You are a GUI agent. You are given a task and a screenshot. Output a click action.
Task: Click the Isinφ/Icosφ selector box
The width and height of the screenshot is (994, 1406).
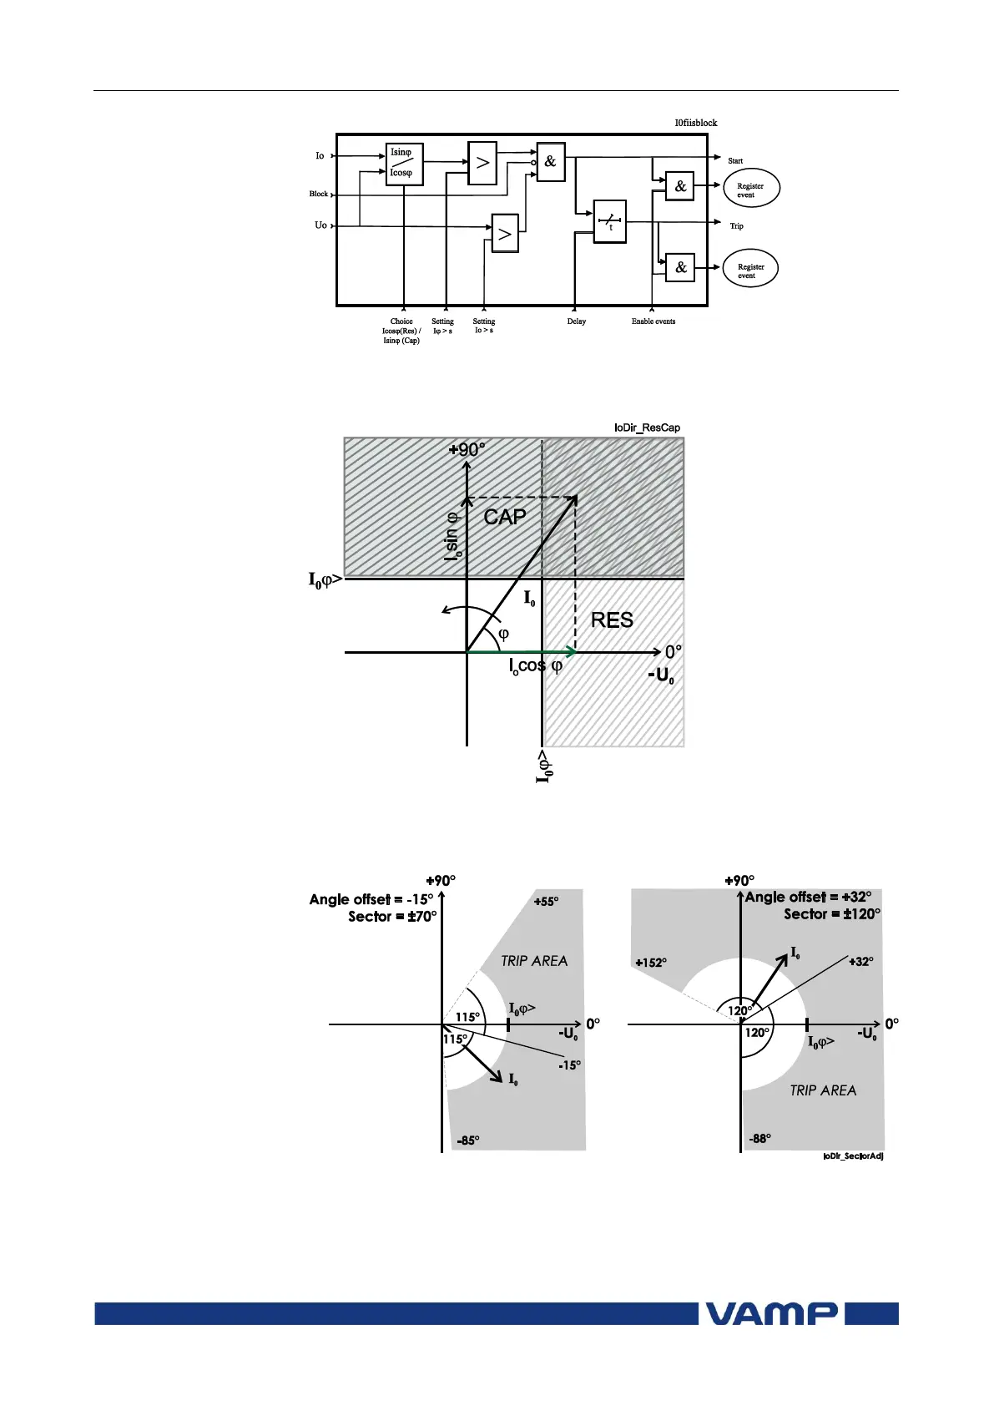point(405,163)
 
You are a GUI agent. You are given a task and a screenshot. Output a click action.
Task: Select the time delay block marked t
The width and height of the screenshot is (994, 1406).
point(609,222)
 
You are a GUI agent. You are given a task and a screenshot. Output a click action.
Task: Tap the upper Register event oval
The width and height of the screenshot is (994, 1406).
point(751,190)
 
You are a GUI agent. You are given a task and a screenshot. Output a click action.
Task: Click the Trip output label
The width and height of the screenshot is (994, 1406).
point(736,226)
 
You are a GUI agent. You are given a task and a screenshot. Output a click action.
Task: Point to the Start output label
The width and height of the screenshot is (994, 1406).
point(735,161)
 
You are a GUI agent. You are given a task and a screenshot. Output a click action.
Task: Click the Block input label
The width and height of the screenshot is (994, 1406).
point(319,195)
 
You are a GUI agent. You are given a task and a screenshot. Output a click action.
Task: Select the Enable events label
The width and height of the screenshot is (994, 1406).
point(653,321)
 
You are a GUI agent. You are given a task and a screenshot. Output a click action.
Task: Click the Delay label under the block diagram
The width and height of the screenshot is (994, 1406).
point(577,321)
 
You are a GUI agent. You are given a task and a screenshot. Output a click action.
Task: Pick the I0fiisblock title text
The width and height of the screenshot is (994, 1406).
point(696,123)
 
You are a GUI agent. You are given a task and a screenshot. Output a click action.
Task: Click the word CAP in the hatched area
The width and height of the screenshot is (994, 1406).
point(505,518)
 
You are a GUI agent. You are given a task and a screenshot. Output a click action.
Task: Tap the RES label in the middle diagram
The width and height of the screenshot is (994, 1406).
point(612,620)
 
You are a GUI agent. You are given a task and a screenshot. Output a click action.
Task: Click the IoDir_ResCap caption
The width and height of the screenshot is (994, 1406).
point(647,427)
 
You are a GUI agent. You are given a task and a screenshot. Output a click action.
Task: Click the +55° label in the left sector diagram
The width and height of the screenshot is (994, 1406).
point(546,902)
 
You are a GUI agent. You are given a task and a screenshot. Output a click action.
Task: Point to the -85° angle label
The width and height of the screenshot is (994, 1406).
point(468,1140)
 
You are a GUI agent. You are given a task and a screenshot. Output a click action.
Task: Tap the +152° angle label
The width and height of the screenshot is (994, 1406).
point(650,963)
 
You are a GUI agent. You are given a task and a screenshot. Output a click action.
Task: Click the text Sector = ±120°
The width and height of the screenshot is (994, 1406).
point(831,914)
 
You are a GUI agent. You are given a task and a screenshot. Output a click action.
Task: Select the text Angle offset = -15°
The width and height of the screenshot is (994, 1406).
point(371,900)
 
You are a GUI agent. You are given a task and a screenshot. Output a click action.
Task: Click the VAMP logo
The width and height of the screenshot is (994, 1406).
point(772,1313)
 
